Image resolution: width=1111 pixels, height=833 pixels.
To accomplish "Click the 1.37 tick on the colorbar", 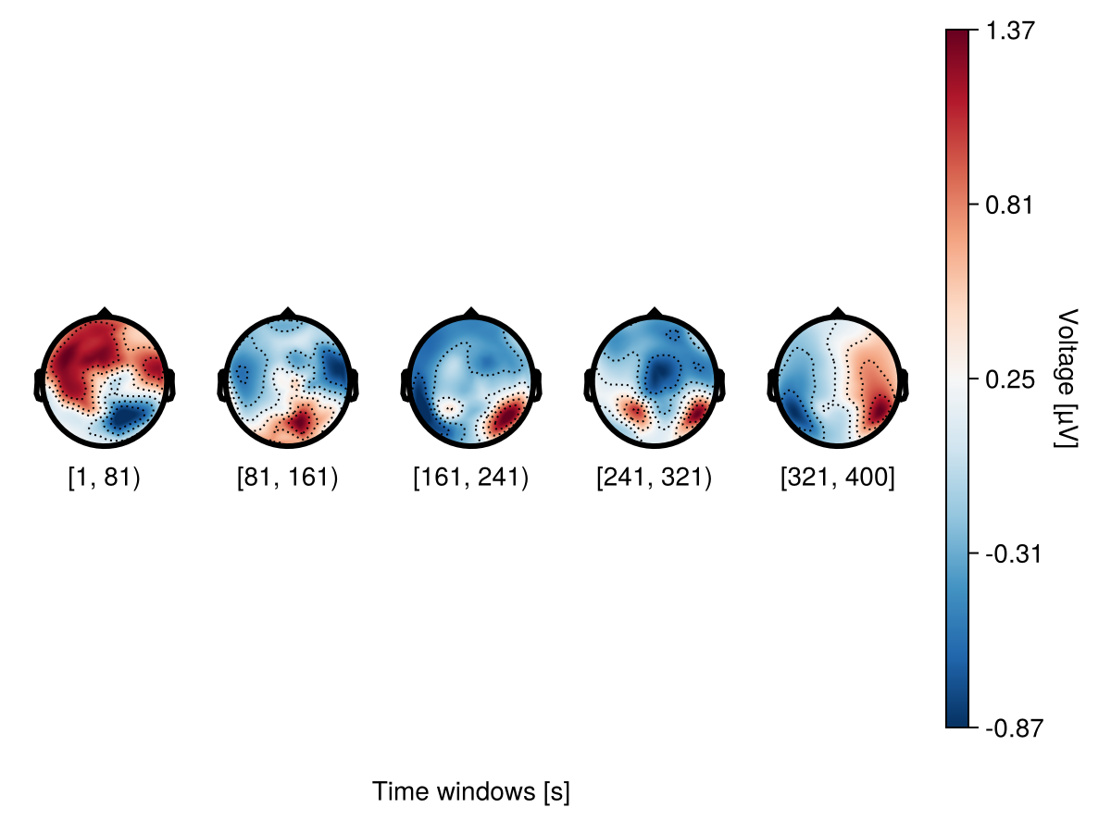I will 1008,30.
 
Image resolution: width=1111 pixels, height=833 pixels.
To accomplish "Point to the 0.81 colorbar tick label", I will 1008,205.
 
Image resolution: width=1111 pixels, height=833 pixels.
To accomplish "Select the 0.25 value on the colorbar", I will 1008,379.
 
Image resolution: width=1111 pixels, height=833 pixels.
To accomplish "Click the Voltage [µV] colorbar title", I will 1067,379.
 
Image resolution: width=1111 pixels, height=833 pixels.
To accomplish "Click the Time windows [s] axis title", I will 470,792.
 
